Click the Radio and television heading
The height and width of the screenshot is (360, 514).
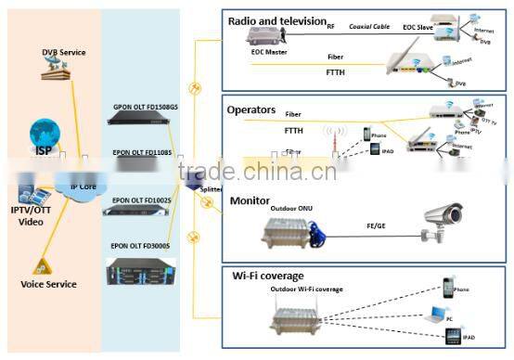click(277, 20)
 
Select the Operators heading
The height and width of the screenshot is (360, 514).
click(252, 109)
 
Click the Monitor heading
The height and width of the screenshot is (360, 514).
click(249, 199)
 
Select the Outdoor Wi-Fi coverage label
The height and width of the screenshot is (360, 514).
click(305, 289)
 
